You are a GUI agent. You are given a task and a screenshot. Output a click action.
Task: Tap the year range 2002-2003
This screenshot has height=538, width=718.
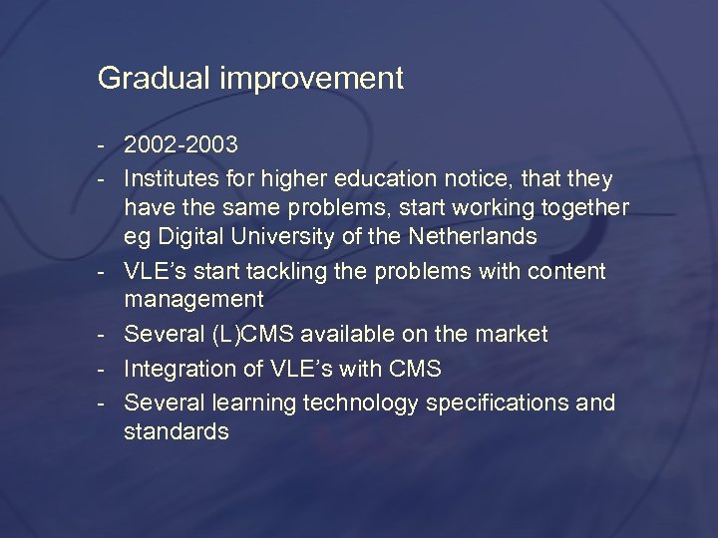tap(180, 145)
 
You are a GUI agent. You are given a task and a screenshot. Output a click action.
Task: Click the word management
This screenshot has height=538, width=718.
tap(193, 299)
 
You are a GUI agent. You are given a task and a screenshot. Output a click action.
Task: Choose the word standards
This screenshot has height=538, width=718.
tap(177, 431)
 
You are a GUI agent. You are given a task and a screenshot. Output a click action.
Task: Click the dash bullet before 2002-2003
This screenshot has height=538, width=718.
tap(103, 146)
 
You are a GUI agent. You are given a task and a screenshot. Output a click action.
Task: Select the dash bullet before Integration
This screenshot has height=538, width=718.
tap(103, 369)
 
